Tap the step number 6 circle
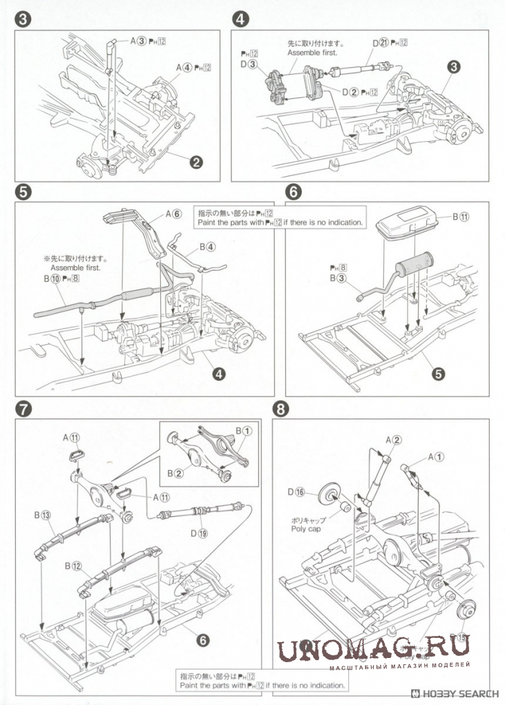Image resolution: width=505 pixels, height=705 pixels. [x=293, y=191]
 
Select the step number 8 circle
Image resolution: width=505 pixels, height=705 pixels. [x=280, y=408]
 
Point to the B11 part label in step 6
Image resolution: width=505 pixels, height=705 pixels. [x=461, y=217]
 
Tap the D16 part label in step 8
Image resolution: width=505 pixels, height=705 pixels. [x=296, y=491]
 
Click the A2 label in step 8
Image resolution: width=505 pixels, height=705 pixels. [x=394, y=439]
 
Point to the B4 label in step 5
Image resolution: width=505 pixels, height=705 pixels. [x=207, y=246]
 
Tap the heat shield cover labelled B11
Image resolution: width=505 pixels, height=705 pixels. [x=408, y=227]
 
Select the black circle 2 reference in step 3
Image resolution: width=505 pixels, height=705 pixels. [x=196, y=163]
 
